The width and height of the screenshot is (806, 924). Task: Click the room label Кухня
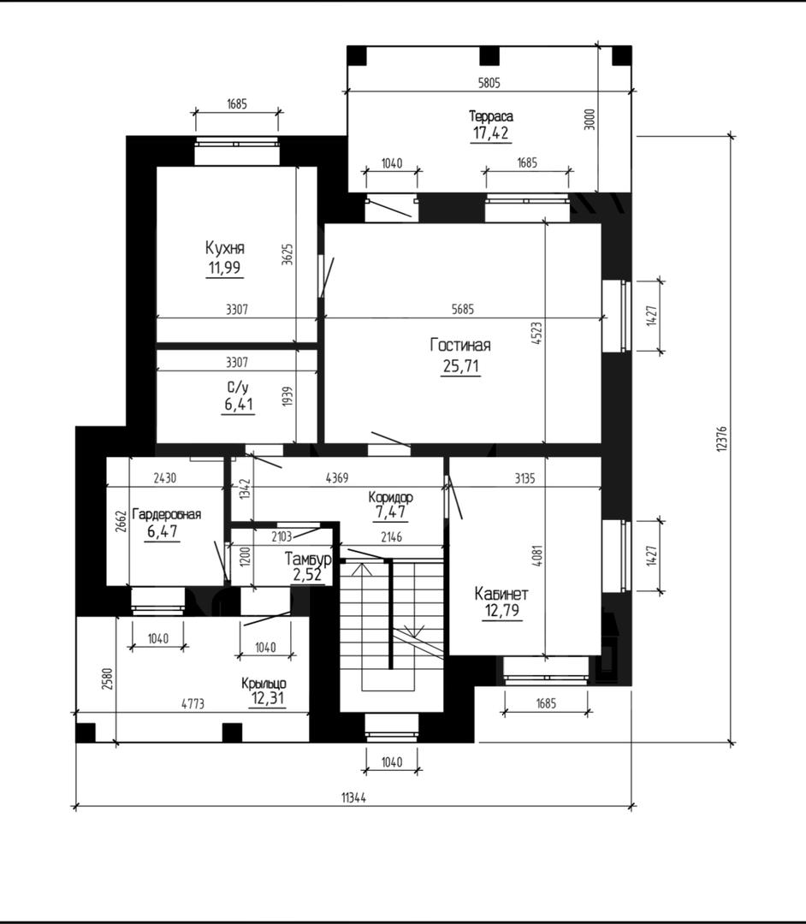coord(224,247)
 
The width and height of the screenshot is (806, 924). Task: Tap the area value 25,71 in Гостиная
coord(460,366)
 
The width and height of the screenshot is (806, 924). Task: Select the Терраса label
coord(491,116)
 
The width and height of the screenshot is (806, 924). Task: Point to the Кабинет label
coord(501,594)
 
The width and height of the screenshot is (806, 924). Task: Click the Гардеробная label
coord(167,514)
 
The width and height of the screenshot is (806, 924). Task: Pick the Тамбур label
coord(308,559)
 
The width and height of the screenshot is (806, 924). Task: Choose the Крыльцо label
coord(264,684)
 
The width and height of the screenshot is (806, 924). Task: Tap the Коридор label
coord(391,497)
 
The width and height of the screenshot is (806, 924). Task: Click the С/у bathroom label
coord(238,388)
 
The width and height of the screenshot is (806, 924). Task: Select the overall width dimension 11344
coord(353,798)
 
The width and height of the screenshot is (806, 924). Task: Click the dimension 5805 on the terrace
coord(489,83)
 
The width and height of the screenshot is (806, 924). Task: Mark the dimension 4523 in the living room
coord(536,333)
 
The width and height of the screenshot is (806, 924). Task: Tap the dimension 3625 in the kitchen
coord(287,254)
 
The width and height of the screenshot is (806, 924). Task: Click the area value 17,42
coord(491,133)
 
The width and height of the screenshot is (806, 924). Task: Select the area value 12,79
coord(502,611)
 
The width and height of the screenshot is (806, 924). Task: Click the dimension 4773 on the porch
coord(193,703)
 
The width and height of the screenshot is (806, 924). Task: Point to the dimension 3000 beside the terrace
coord(590,120)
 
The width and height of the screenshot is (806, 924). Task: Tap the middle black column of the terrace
coord(489,56)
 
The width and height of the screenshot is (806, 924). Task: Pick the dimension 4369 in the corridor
coord(337,478)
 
